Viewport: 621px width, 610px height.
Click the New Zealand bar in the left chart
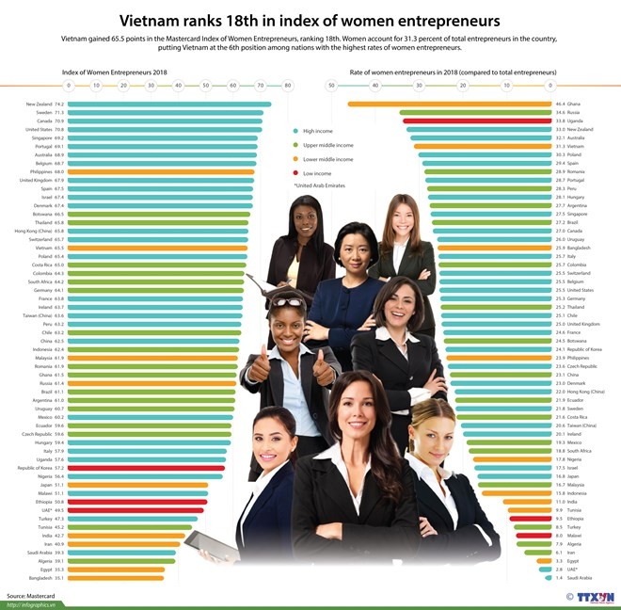point(169,104)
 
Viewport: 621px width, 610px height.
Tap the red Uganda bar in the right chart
point(477,120)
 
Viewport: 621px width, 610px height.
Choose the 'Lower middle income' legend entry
point(326,160)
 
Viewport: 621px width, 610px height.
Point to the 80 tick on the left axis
point(288,85)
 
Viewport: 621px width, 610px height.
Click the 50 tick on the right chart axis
point(332,85)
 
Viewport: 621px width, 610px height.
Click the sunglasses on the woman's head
point(289,303)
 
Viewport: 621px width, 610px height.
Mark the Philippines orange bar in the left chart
point(160,172)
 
